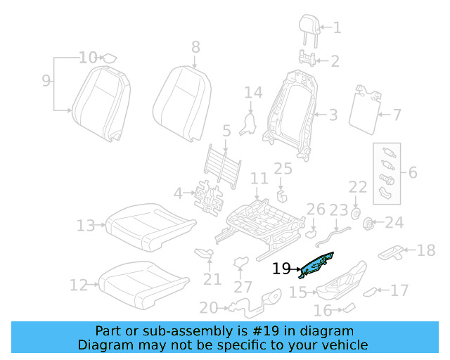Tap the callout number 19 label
281,268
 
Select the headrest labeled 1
309,27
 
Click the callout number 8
195,47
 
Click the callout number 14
253,92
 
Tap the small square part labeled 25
281,194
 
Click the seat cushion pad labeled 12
143,282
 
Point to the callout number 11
259,179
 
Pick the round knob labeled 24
367,224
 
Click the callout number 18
426,250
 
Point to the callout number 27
243,287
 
